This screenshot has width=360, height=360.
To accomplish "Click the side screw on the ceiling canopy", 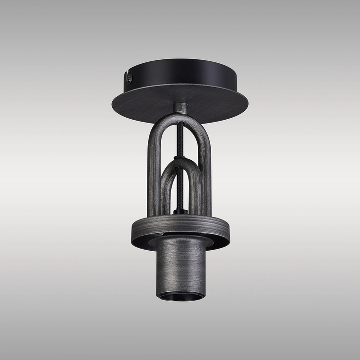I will (129, 77).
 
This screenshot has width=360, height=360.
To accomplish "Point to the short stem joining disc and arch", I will (181, 108).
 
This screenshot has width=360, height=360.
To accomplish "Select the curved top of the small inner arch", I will (181, 164).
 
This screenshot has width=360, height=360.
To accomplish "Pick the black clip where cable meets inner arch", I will (181, 158).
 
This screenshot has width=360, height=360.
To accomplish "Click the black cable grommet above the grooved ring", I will (181, 212).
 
